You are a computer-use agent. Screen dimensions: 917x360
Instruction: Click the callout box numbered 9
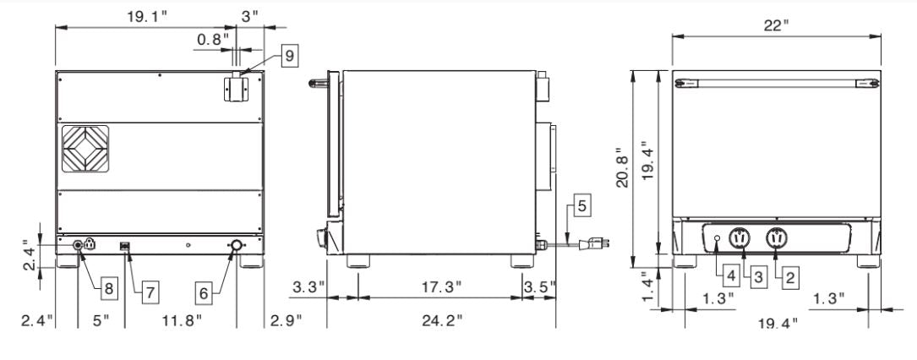(290, 56)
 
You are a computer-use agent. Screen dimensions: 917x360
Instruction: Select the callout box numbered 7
(150, 291)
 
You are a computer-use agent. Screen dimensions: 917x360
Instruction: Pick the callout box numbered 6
(204, 293)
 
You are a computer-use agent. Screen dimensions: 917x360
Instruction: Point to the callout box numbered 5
(581, 205)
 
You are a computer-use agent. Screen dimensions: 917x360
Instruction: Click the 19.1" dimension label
(147, 16)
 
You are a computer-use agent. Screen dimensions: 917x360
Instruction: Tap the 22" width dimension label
(776, 25)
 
